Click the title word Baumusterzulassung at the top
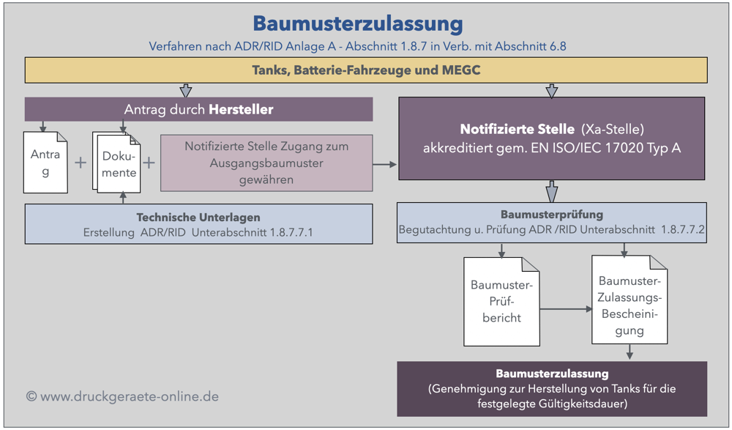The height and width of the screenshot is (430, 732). [x=358, y=23]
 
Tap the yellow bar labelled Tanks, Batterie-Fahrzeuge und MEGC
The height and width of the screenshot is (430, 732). [x=366, y=70]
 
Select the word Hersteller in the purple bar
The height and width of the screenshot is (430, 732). [x=241, y=110]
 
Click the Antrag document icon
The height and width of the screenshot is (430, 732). [x=45, y=163]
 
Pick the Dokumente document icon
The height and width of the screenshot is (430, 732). [x=116, y=163]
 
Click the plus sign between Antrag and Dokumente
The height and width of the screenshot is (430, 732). [x=81, y=163]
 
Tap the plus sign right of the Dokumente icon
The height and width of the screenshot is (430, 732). [x=149, y=163]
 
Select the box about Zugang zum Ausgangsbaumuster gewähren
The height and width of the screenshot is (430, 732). [x=266, y=163]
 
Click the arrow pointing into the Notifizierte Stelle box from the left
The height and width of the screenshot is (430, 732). [x=386, y=165]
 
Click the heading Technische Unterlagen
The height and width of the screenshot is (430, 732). [x=198, y=218]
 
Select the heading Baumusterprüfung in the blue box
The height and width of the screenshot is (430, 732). [x=552, y=215]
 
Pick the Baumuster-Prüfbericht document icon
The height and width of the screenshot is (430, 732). [x=502, y=301]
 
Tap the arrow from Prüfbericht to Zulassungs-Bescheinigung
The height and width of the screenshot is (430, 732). [x=567, y=309]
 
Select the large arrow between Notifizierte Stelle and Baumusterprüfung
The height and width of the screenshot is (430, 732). [x=552, y=192]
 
